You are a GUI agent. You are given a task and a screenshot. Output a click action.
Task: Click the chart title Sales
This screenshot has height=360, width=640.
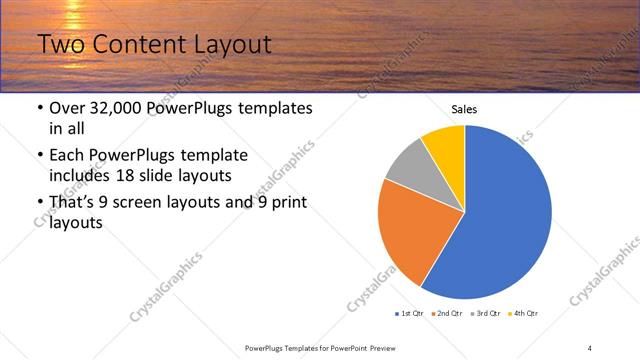tap(464, 109)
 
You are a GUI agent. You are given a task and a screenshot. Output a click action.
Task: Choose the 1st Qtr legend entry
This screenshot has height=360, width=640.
tap(412, 313)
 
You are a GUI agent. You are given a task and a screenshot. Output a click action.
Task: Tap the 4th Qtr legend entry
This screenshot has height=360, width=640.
tap(525, 313)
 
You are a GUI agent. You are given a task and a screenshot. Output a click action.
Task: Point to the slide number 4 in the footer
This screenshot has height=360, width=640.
tap(590, 347)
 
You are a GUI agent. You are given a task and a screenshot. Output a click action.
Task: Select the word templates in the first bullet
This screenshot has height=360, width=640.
tap(276, 108)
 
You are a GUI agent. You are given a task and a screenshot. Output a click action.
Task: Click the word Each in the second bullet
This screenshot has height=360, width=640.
tap(68, 155)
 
